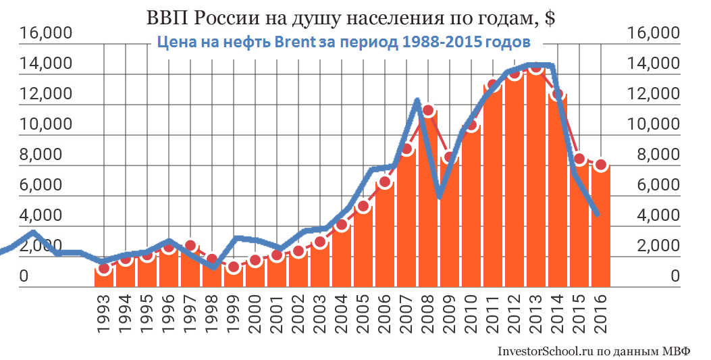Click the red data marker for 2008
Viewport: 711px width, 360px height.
[427, 109]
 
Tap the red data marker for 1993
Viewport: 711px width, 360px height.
[103, 269]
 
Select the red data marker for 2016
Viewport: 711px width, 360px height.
[601, 165]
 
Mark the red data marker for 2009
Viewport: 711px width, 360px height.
[449, 157]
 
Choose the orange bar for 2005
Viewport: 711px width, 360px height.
[363, 247]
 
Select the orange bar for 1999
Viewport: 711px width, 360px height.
[233, 276]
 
